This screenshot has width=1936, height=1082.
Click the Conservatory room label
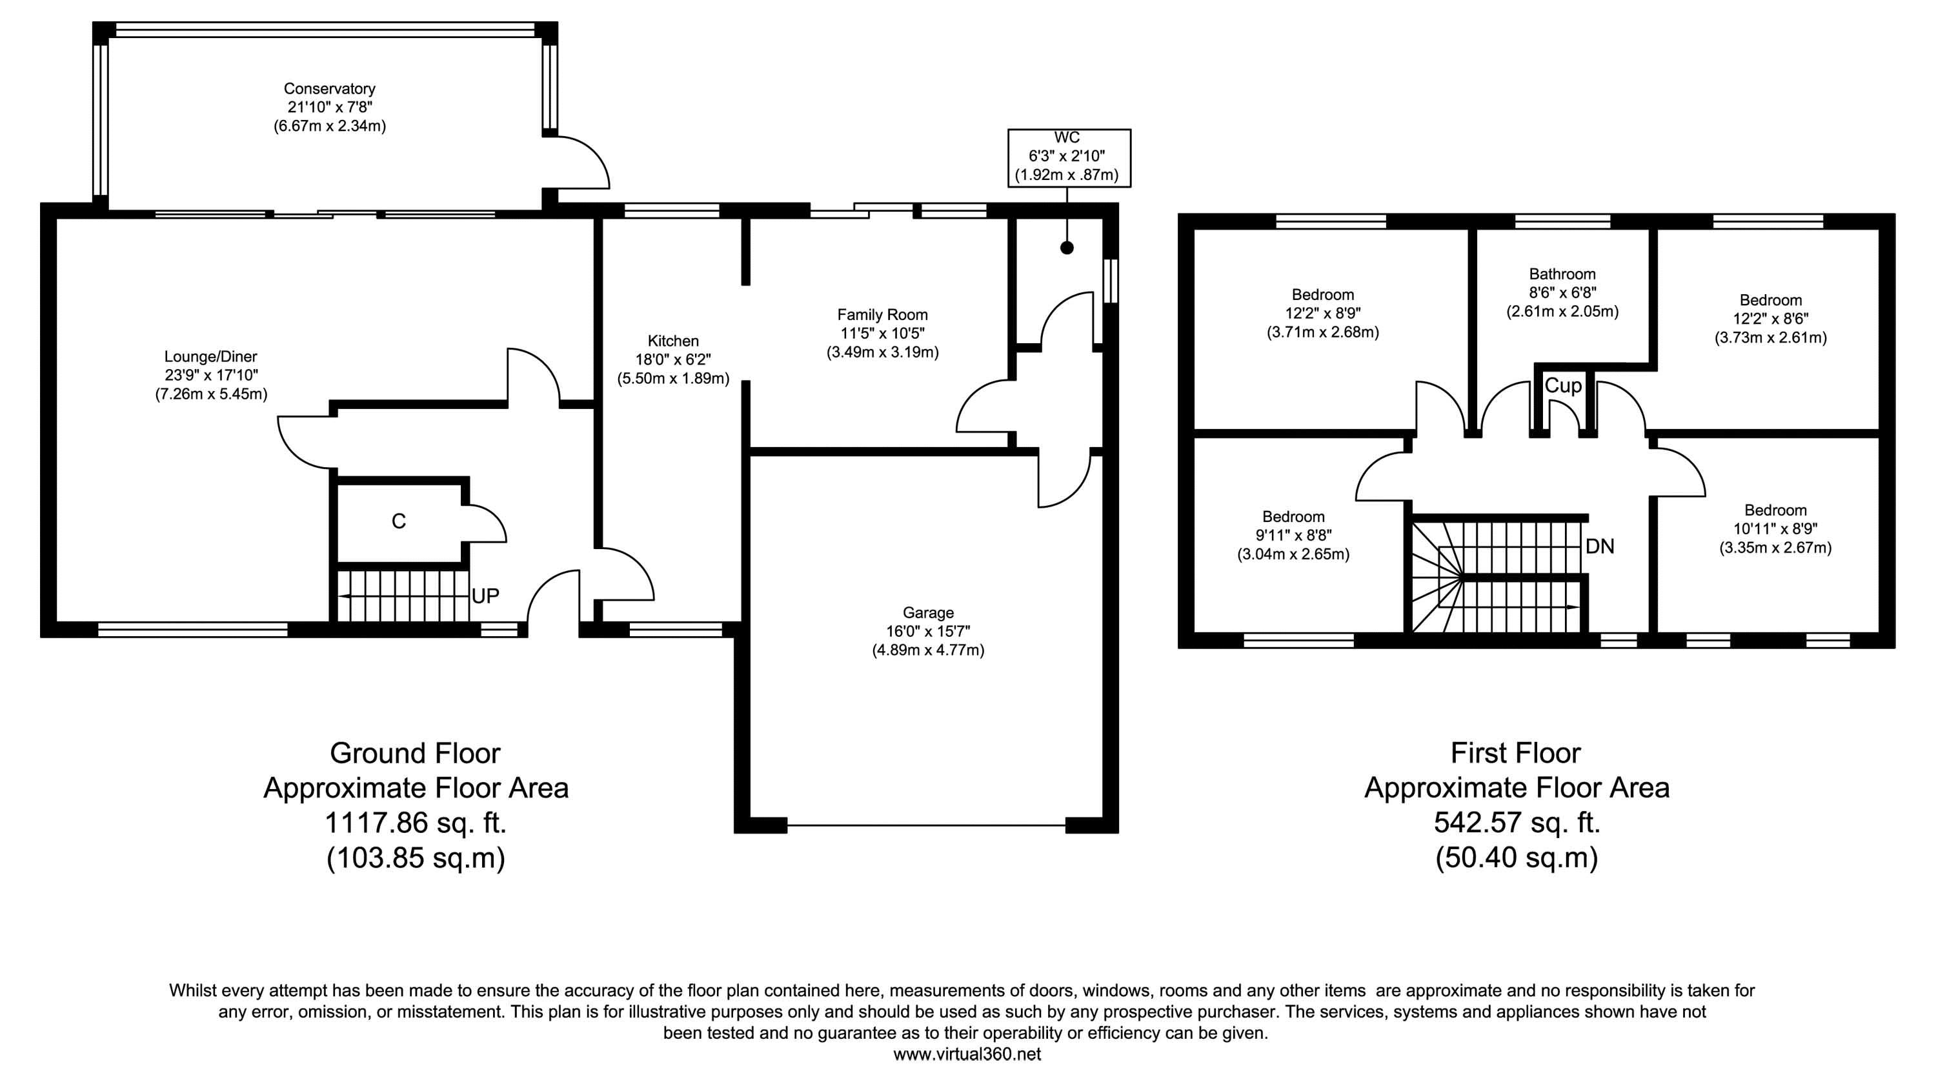pos(329,88)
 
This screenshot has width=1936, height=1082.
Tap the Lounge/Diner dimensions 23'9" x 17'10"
pos(211,375)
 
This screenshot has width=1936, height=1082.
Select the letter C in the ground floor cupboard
pos(399,521)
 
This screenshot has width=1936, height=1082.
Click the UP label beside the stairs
pos(485,596)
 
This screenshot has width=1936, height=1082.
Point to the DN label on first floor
pos(1600,546)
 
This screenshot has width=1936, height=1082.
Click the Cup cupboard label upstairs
pos(1563,385)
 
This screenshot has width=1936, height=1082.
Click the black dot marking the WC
pos(1067,247)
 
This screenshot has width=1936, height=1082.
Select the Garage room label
pos(928,612)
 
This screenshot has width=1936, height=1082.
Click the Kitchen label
pos(673,341)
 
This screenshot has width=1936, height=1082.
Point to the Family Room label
pos(883,314)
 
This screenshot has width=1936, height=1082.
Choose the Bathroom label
pos(1562,274)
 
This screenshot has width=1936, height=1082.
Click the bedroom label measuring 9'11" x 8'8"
pos(1293,535)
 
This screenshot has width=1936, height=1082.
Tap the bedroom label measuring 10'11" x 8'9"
pos(1776,528)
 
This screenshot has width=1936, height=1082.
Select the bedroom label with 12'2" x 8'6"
pos(1771,319)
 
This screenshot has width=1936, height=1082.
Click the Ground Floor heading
pos(416,753)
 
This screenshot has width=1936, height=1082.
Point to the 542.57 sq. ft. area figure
pos(1517,822)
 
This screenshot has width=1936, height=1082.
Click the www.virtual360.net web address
pos(967,1054)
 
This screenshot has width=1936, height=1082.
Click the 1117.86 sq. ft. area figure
pos(416,823)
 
